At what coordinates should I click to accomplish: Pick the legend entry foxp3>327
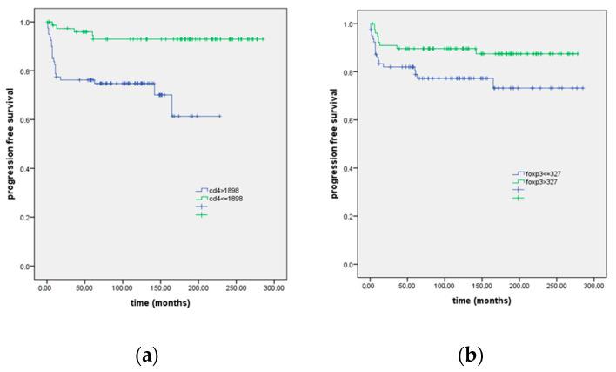(x=536, y=182)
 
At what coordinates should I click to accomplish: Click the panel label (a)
(x=145, y=355)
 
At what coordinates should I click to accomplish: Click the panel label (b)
(x=470, y=355)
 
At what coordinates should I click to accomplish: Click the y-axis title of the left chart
(x=12, y=145)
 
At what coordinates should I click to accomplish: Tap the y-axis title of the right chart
(x=335, y=145)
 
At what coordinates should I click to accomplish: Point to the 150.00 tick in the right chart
(x=482, y=284)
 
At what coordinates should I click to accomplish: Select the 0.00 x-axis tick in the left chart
(x=46, y=286)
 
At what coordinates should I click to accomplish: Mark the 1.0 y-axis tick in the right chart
(x=349, y=24)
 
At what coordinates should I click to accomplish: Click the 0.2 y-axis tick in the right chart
(x=349, y=216)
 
